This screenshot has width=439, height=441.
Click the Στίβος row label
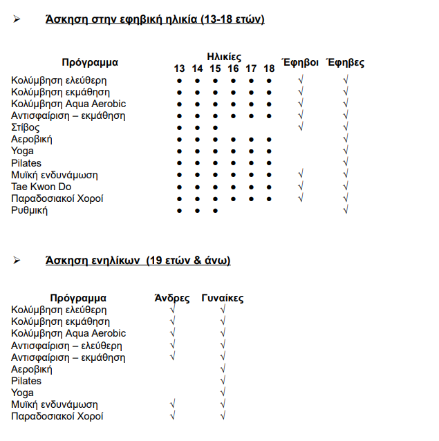pos(26,128)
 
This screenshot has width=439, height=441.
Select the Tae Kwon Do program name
pos(41,187)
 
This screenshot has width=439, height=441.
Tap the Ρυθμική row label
pos(30,210)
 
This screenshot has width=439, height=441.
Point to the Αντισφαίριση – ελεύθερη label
pos(66,346)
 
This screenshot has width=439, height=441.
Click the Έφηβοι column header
pos(300,62)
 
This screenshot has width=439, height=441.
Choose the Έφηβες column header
pos(345,62)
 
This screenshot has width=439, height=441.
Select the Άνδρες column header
pos(172,299)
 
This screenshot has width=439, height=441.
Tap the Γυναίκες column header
pos(223,299)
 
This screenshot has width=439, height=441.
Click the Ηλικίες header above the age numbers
pos(224,57)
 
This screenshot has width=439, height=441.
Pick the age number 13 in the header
pos(179,68)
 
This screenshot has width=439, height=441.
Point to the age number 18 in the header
pos(269,68)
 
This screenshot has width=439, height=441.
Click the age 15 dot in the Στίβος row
pos(215,128)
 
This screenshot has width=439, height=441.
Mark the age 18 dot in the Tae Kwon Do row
pos(269,187)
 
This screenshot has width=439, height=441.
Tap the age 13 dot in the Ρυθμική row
pos(179,210)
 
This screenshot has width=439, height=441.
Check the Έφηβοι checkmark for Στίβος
pos(300,128)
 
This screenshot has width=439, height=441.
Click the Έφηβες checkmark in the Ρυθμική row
pos(345,210)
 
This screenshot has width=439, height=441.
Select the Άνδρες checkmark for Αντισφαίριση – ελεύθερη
pos(172,346)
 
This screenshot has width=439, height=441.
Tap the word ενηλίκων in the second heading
pos(115,261)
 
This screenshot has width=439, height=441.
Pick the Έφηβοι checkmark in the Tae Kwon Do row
pos(300,187)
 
